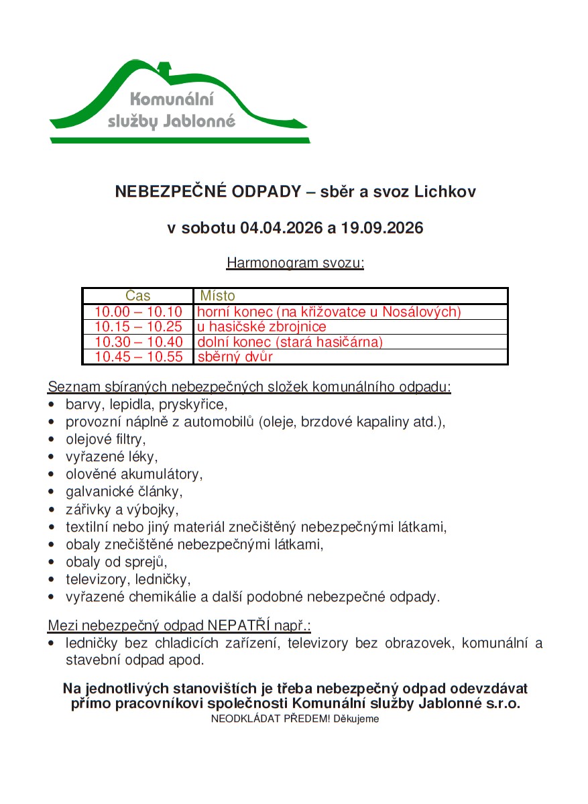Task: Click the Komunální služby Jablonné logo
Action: [179, 102]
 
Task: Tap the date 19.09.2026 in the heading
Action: [381, 228]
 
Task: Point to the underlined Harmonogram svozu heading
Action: [295, 262]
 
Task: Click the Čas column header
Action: [138, 296]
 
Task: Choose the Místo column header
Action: [217, 296]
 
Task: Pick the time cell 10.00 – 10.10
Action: [138, 312]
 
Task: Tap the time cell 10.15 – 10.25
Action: [138, 327]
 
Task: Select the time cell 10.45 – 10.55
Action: [138, 357]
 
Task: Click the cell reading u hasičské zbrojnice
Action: [261, 327]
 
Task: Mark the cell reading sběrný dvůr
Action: [235, 357]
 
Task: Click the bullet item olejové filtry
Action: [105, 440]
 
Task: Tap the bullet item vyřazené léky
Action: [111, 457]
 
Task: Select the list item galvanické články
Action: [123, 492]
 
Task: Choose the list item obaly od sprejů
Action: [115, 562]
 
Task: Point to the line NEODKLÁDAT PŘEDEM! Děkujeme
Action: [295, 719]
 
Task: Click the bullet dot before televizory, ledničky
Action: [52, 579]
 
